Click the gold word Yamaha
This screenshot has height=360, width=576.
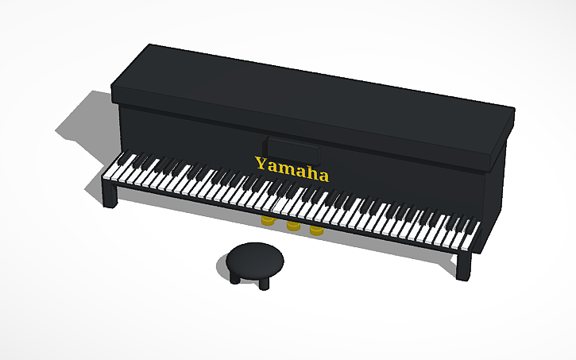(291, 168)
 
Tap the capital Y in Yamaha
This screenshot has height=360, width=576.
(261, 164)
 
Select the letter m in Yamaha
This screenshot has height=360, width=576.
(285, 168)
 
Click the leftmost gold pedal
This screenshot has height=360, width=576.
(268, 219)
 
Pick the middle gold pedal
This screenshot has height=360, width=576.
(292, 226)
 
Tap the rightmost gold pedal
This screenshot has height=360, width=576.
(316, 230)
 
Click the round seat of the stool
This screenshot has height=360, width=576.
(254, 257)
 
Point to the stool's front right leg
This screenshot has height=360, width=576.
(264, 283)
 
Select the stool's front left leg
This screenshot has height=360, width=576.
(236, 278)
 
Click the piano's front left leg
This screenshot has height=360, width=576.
(110, 194)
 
